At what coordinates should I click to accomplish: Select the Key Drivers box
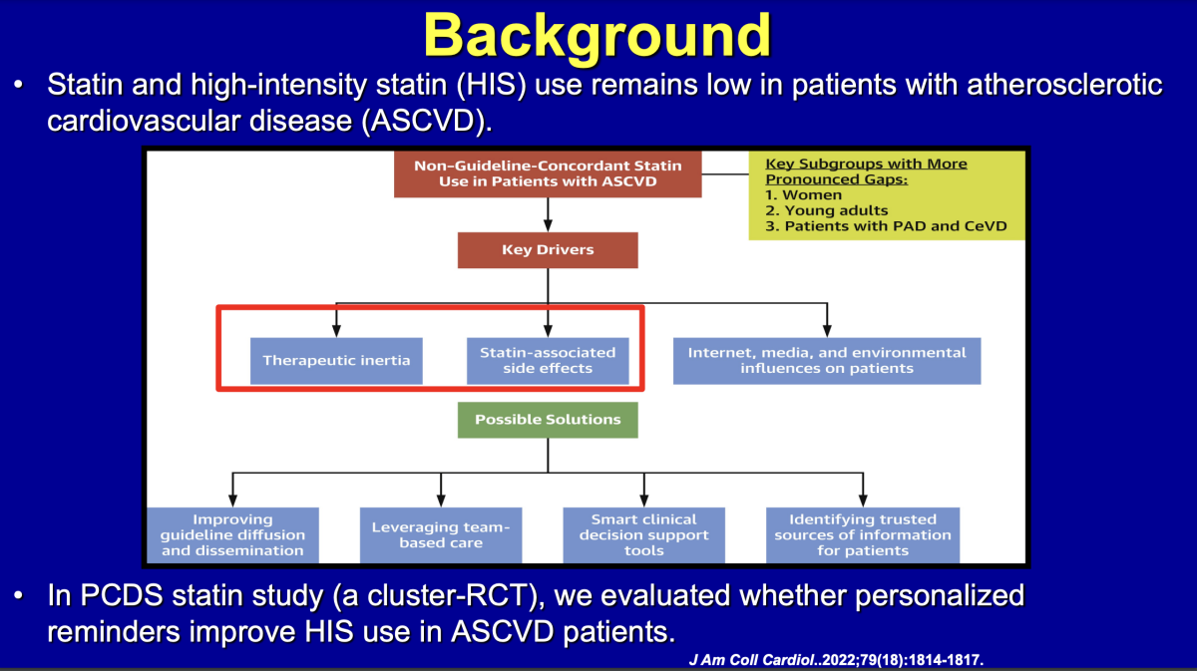[547, 250]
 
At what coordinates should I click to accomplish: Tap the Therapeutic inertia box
[336, 360]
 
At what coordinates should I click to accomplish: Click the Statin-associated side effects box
[548, 360]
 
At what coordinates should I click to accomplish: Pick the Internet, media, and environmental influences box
[827, 360]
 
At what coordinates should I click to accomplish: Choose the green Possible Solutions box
[547, 420]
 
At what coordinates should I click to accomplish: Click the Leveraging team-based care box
[440, 534]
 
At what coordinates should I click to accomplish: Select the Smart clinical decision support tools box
[643, 534]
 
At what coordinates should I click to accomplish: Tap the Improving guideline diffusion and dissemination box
[233, 534]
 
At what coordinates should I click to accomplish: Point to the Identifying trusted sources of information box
[863, 534]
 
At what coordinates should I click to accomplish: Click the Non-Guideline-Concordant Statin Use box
[547, 173]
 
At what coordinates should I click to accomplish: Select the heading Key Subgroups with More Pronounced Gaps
[866, 171]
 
